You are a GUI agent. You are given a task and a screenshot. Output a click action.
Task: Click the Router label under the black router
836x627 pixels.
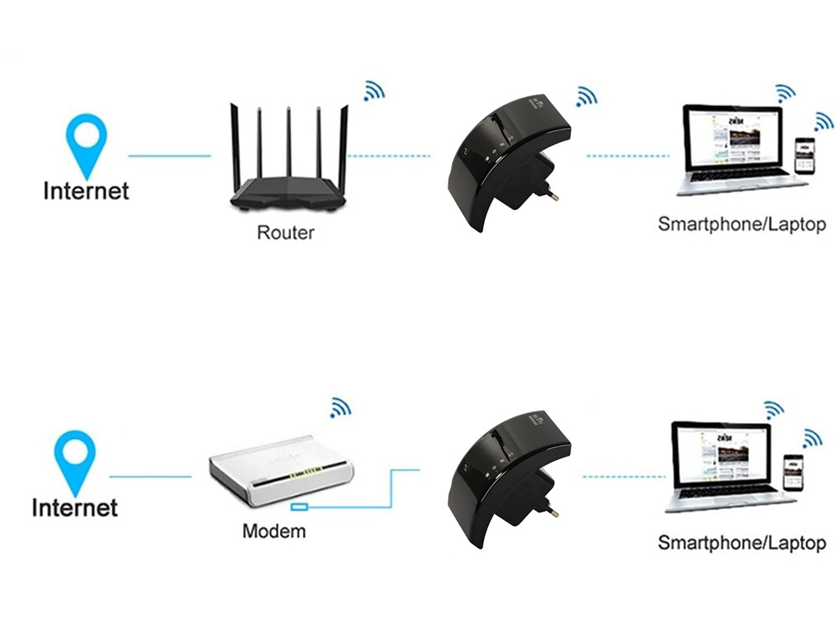[285, 232]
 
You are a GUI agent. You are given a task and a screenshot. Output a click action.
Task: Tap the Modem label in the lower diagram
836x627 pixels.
[274, 530]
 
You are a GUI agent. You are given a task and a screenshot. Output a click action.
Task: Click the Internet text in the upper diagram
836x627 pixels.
[86, 191]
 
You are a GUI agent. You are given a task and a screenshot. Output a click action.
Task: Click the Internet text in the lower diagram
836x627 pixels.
[74, 507]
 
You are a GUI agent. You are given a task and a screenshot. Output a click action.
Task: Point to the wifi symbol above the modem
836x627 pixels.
[339, 407]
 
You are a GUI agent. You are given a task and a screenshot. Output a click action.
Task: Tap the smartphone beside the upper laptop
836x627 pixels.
[803, 155]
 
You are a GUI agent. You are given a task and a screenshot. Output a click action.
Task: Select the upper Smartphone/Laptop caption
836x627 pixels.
[742, 224]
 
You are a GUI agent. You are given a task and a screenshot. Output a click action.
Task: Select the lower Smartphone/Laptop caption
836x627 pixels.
[742, 543]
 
